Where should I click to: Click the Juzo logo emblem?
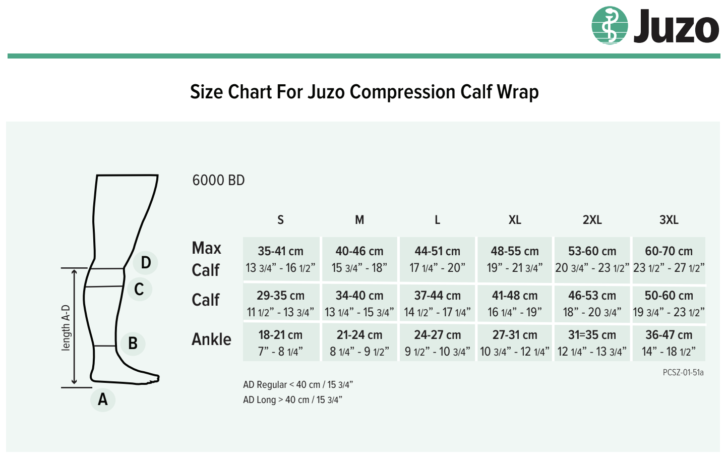610,26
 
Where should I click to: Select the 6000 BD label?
218,180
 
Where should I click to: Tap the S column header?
280,220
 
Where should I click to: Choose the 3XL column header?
669,220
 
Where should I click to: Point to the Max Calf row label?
206,259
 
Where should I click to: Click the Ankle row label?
211,339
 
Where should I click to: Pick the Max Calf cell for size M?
359,259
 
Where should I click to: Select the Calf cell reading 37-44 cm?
437,303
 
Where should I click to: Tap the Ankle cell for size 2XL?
592,343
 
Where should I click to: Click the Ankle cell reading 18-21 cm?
281,343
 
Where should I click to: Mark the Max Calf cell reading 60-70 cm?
669,259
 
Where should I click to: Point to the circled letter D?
146,262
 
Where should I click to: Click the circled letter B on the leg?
133,344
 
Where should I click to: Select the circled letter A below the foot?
103,399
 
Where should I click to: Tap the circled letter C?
139,290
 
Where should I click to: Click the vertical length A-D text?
66,327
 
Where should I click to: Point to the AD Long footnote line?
292,400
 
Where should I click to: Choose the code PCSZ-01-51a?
683,373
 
